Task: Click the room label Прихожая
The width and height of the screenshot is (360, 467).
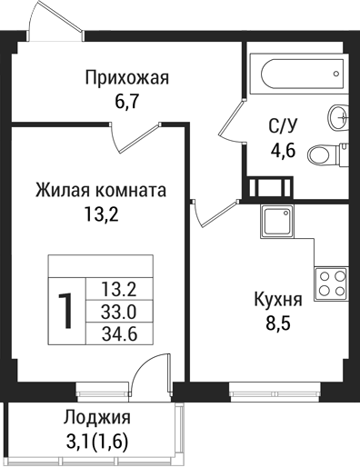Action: coord(126,77)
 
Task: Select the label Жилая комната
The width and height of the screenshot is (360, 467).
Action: coord(100,192)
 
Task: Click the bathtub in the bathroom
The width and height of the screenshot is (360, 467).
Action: coord(289,70)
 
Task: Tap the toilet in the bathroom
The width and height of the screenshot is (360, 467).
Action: coord(325,155)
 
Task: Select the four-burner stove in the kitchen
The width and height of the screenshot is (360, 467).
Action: coord(332,283)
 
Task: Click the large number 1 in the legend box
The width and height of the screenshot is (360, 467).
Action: coord(66,311)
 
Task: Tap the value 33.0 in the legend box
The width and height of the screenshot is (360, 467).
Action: coord(118,312)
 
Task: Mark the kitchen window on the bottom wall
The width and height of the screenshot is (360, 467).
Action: coord(266,392)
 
